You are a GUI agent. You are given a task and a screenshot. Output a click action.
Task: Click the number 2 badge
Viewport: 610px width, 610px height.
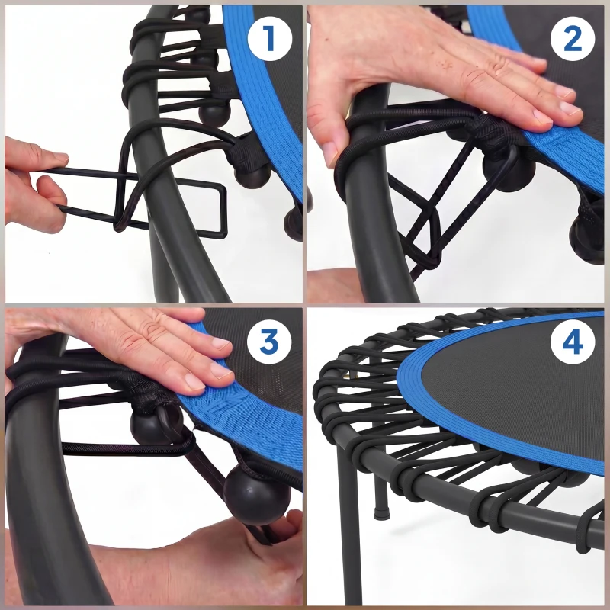tap(572, 38)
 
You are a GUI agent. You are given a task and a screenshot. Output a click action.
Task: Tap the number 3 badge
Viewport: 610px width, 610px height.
tap(268, 342)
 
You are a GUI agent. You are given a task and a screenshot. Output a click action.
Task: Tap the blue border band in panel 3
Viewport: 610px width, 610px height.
tap(252, 412)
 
